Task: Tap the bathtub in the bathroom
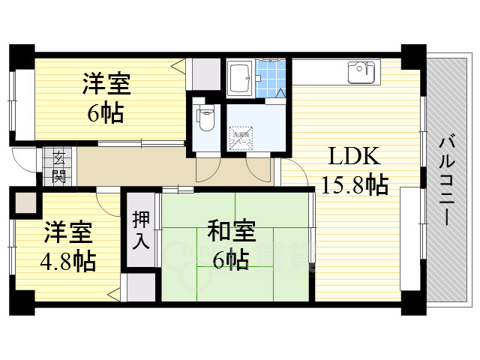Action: [x=240, y=76]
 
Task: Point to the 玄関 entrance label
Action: [x=58, y=166]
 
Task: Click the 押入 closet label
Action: [x=141, y=230]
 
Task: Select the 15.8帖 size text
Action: [x=354, y=184]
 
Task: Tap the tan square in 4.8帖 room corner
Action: [x=25, y=202]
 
